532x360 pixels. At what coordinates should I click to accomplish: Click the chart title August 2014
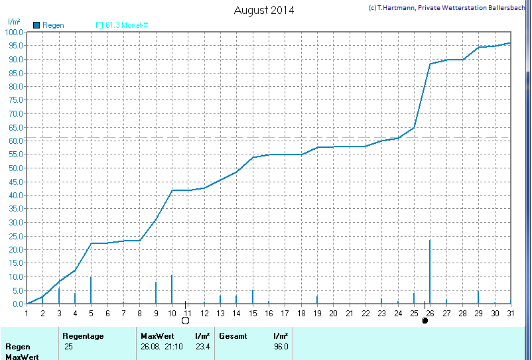tap(264, 10)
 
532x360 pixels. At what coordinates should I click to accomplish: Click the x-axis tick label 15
tap(252, 313)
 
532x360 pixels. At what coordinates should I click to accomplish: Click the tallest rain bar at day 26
tap(430, 272)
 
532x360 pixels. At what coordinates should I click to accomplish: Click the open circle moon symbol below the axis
tap(185, 321)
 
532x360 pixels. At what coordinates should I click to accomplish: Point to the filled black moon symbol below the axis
tap(425, 321)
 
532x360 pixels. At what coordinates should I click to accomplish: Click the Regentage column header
tap(83, 336)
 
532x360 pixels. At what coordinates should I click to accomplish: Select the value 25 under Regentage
tap(68, 347)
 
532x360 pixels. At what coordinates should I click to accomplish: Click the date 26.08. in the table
tap(151, 347)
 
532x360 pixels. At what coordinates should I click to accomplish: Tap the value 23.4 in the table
tap(202, 347)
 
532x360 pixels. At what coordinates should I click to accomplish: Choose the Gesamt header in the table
tap(233, 336)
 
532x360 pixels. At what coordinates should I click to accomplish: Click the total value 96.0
tap(281, 347)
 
